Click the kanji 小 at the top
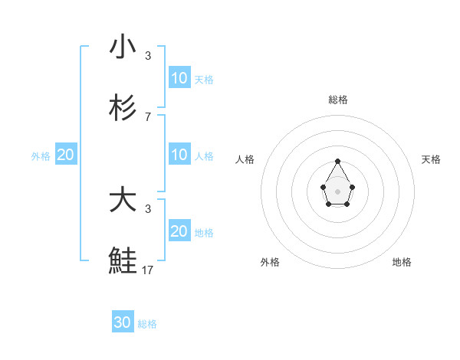[x=123, y=47]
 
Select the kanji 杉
[x=123, y=108]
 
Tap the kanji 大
[x=123, y=200]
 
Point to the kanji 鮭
[x=123, y=261]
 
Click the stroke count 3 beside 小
[x=148, y=55]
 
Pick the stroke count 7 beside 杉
[x=148, y=116]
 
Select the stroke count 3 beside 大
[x=148, y=208]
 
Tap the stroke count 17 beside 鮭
[x=148, y=270]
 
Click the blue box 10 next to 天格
[x=179, y=77]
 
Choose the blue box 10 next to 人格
[x=179, y=155]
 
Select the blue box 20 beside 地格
[x=179, y=231]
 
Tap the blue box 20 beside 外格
[x=65, y=155]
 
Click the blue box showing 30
[x=123, y=322]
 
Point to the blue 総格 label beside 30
[x=147, y=324]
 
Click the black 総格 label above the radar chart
[x=338, y=100]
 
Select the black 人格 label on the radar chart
[x=245, y=159]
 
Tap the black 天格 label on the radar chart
[x=431, y=159]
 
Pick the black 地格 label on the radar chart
[x=402, y=262]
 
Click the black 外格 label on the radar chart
[x=270, y=262]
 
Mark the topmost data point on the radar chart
[x=337, y=161]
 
